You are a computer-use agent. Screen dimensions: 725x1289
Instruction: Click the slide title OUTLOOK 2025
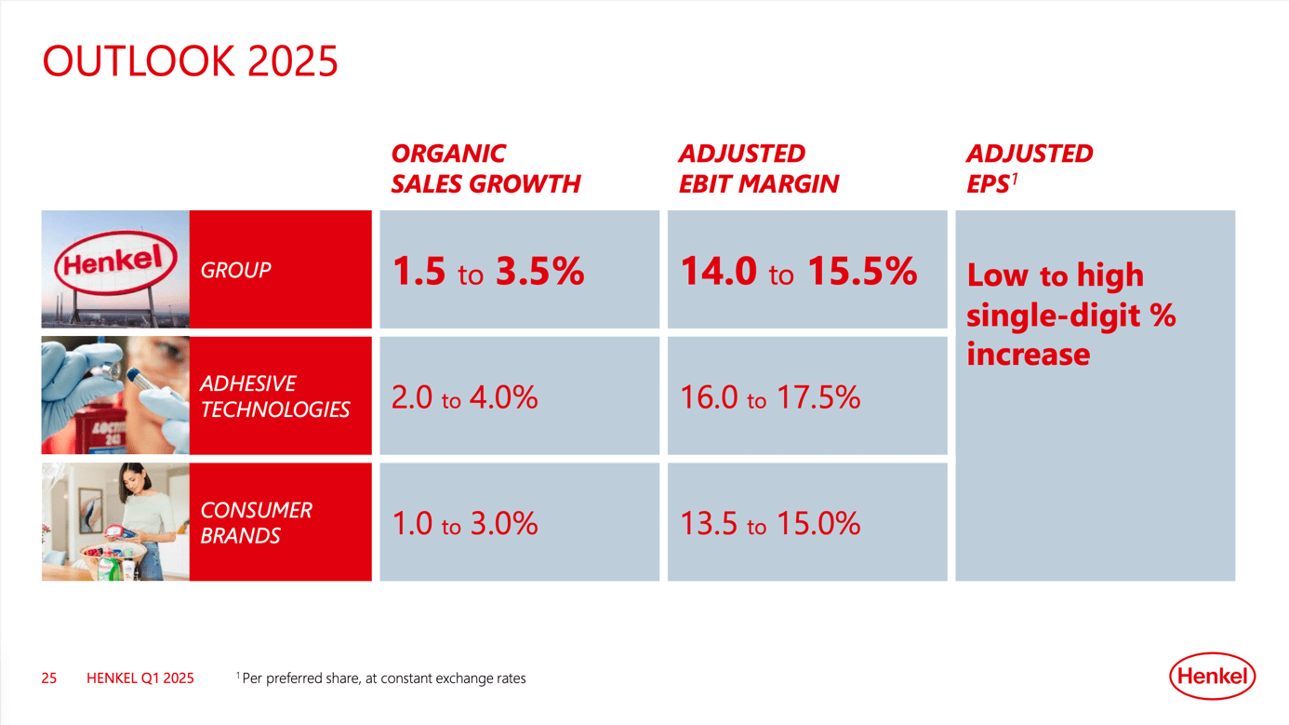(191, 61)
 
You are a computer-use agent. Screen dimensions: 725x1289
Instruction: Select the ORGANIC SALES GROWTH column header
(485, 168)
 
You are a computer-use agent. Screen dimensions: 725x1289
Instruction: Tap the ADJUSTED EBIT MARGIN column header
(758, 168)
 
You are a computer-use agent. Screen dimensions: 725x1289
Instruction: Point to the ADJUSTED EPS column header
(1029, 168)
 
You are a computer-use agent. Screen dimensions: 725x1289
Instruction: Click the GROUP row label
(236, 270)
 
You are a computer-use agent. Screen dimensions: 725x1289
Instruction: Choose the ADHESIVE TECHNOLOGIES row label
(274, 396)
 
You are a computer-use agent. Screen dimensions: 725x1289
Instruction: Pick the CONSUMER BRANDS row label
(256, 522)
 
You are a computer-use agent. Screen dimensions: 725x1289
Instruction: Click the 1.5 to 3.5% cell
(488, 271)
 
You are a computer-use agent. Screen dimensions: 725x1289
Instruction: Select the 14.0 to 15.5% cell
(798, 271)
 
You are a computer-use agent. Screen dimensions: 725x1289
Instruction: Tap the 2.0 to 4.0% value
(464, 397)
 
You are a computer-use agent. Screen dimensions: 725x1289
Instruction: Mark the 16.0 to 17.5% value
(770, 397)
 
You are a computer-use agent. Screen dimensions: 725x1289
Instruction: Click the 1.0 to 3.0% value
(464, 523)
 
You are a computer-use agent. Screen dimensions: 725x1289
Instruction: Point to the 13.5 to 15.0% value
(770, 523)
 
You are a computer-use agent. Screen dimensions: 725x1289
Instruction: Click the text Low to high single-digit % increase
(1070, 315)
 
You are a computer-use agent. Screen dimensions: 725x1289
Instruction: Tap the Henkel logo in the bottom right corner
(1212, 677)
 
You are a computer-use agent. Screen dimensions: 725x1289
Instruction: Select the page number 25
(49, 678)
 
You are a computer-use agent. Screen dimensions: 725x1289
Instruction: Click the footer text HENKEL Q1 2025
(140, 678)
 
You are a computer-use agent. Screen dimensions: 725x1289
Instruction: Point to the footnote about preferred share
(381, 678)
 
